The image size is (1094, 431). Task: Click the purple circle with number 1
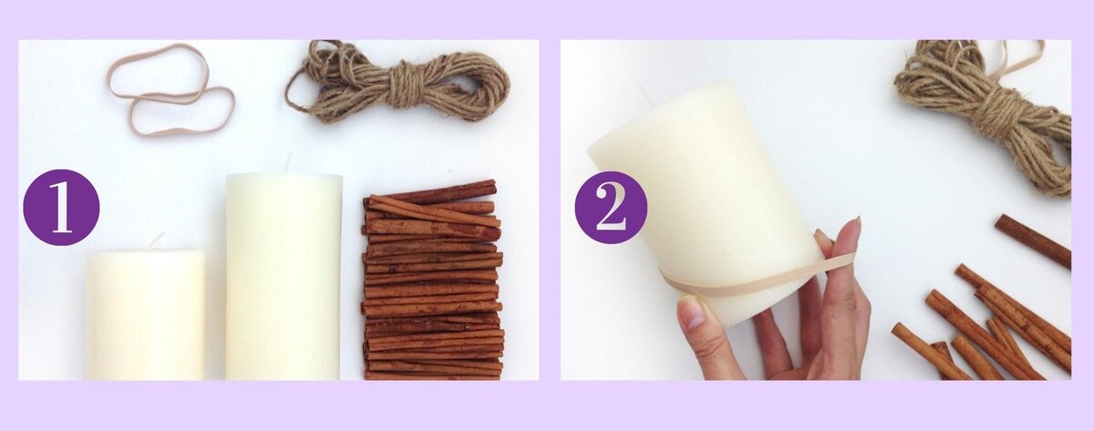pos(61,208)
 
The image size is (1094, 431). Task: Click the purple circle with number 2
pos(611,208)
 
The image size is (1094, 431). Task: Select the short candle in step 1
pos(146,315)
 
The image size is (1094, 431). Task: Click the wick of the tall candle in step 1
pos(288,163)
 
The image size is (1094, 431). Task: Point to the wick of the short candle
pos(157,241)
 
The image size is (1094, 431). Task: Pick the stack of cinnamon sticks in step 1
pos(433,281)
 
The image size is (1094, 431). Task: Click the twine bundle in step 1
pos(398,82)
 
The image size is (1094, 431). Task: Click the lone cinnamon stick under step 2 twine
pos(1033,241)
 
